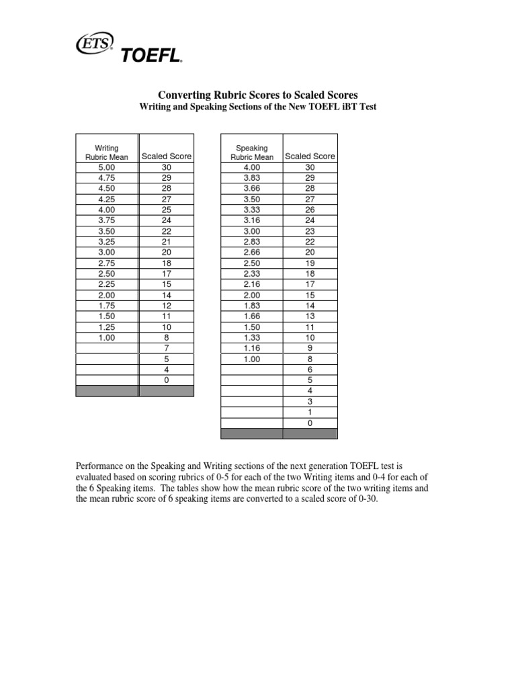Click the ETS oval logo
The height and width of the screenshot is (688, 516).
point(97,43)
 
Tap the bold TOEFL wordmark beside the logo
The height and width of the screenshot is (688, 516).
point(151,56)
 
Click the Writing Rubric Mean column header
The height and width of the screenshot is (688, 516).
point(106,153)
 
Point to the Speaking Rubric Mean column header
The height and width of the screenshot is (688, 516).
point(252,153)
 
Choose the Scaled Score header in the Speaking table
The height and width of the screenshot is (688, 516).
point(310,157)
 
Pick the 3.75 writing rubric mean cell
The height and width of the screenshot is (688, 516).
point(106,220)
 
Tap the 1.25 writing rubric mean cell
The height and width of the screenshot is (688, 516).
point(106,327)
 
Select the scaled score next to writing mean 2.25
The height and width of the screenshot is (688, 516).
point(167,284)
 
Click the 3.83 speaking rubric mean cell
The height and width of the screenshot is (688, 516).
point(252,177)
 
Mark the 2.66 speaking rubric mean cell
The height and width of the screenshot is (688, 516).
point(252,252)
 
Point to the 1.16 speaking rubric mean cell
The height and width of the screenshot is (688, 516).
point(252,349)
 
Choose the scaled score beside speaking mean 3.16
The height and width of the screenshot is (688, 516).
point(310,220)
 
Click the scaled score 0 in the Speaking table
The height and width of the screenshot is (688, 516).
point(310,424)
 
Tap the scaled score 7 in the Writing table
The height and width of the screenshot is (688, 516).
point(167,349)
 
